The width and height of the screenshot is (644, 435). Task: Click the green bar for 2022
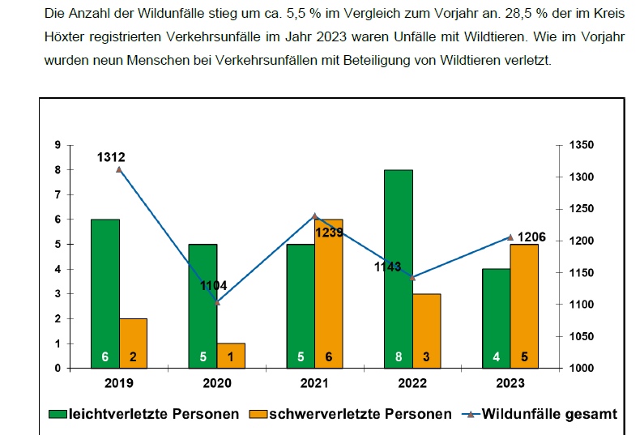pyautogui.click(x=399, y=267)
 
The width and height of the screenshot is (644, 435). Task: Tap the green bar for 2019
pyautogui.click(x=105, y=292)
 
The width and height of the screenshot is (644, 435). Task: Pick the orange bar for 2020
pyautogui.click(x=232, y=355)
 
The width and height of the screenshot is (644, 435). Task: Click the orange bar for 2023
pyautogui.click(x=524, y=305)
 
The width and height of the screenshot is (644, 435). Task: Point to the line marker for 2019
pyautogui.click(x=119, y=169)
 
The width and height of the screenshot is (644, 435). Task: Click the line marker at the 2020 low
pyautogui.click(x=217, y=302)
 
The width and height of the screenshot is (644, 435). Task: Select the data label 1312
pyautogui.click(x=112, y=157)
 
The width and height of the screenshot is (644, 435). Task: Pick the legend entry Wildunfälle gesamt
pyautogui.click(x=548, y=414)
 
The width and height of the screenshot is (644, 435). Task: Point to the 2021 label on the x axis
pyautogui.click(x=315, y=383)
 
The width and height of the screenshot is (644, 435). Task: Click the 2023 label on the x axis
pyautogui.click(x=510, y=383)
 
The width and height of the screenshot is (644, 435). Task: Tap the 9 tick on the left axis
pyautogui.click(x=58, y=145)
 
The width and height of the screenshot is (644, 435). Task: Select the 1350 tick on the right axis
pyautogui.click(x=582, y=145)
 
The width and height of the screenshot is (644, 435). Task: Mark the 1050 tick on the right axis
pyautogui.click(x=582, y=336)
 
